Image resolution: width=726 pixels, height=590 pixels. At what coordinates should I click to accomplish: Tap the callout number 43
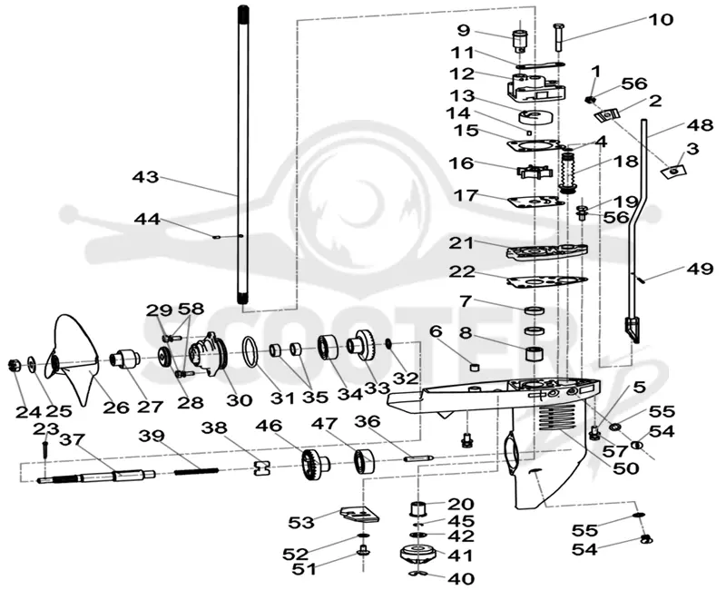[146, 177]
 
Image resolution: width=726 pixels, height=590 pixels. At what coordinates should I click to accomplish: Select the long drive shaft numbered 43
[243, 155]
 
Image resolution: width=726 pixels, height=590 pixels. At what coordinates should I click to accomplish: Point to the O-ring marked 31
[250, 351]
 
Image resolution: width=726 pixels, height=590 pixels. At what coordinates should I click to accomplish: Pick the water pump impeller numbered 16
[533, 172]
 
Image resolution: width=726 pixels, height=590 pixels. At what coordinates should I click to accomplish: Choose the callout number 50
[625, 467]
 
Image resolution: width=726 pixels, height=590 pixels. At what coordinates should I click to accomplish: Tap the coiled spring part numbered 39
[196, 471]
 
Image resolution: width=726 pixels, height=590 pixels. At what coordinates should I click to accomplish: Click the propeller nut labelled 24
[14, 366]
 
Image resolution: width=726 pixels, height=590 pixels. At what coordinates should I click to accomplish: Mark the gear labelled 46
[315, 465]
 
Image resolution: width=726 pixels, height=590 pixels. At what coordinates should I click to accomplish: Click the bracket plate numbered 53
[359, 514]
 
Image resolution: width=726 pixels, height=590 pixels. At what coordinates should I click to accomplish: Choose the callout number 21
[462, 242]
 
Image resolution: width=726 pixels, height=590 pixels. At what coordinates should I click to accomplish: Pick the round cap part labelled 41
[417, 554]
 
